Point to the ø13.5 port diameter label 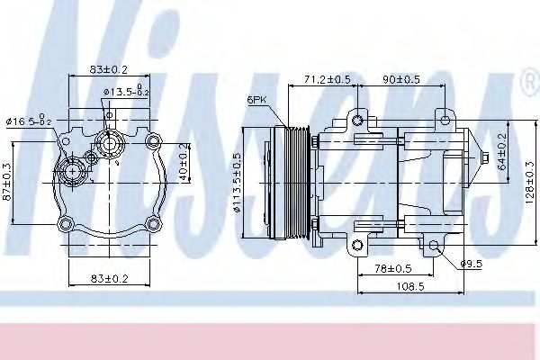coord(125,92)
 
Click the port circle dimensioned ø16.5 coord(70,171)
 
